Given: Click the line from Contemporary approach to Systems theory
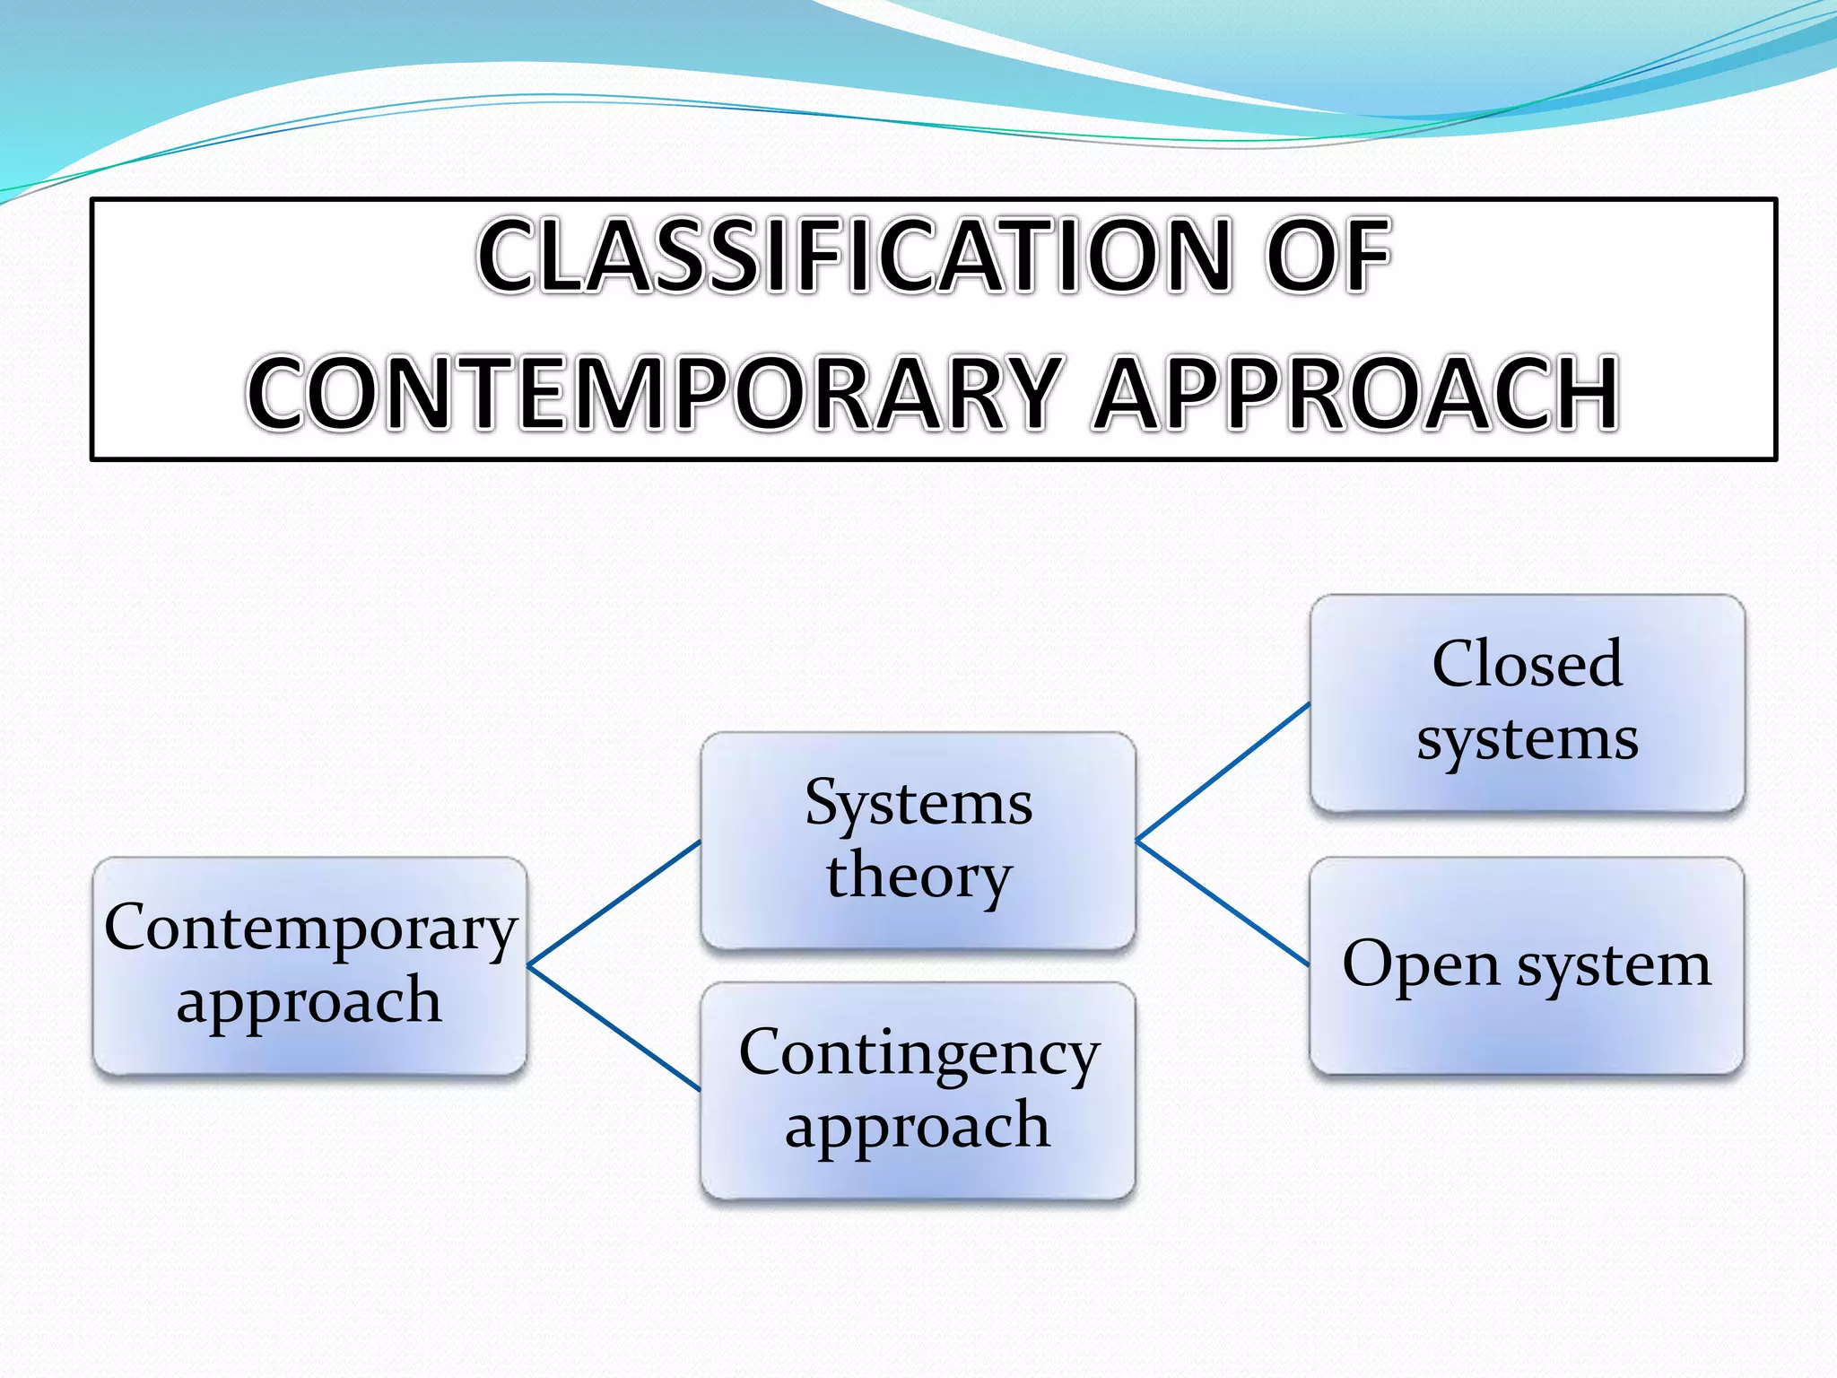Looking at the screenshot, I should [614, 903].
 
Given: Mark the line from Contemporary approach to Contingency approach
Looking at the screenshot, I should [614, 1028].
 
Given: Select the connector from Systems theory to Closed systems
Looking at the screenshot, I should [1223, 772].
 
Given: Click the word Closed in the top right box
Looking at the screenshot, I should [1527, 665].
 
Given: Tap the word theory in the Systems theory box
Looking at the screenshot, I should [918, 877].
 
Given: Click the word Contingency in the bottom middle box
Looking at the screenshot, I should [918, 1054].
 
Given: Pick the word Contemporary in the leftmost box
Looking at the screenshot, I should [310, 929].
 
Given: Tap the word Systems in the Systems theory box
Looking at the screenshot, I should [918, 803].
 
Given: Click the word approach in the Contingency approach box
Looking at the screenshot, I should [917, 1126].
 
